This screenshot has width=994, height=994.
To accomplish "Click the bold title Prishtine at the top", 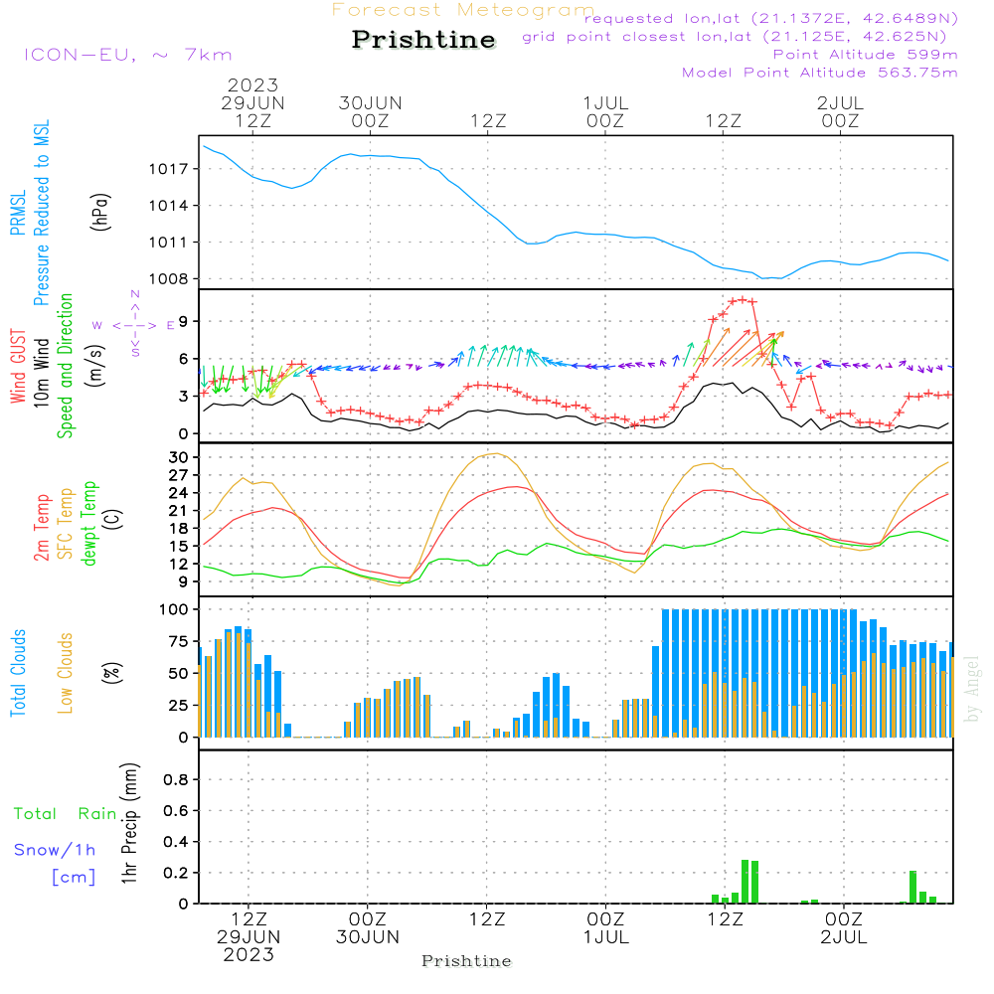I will [423, 40].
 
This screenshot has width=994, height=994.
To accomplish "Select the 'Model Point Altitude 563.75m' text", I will [820, 73].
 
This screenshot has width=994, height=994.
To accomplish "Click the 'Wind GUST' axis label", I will [18, 368].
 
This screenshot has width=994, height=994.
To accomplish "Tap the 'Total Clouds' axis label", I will [18, 673].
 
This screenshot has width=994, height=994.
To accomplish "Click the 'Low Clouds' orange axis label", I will [66, 673].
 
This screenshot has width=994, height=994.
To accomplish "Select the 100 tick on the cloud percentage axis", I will [175, 608].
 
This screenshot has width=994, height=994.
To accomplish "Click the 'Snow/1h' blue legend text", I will [55, 850].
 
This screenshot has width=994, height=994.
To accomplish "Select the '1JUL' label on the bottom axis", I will [605, 936].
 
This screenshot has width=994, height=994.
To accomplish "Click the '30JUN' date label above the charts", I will [370, 103].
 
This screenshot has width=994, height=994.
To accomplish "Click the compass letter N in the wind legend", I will [135, 295].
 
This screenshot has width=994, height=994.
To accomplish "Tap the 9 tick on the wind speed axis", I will [184, 321].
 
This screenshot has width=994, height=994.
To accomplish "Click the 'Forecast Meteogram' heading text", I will [463, 10].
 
